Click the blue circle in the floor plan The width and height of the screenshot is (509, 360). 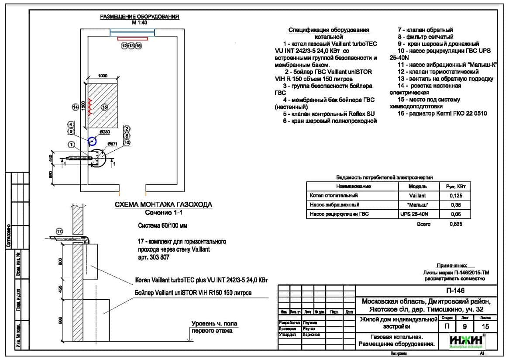[92, 141]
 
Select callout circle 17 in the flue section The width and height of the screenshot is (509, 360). [60, 231]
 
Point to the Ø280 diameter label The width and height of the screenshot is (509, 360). [104, 132]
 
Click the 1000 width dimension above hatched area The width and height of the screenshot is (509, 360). [103, 76]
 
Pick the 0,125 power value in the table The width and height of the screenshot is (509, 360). [455, 196]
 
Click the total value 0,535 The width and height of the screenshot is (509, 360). [455, 224]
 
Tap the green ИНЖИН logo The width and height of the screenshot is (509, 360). [466, 341]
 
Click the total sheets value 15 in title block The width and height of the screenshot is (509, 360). [484, 326]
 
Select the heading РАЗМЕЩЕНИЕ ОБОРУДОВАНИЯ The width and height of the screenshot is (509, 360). [140, 17]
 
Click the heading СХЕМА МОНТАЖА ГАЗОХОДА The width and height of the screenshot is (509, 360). [163, 204]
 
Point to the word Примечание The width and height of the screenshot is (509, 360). [452, 266]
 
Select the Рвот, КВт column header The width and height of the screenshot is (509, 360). [455, 187]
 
